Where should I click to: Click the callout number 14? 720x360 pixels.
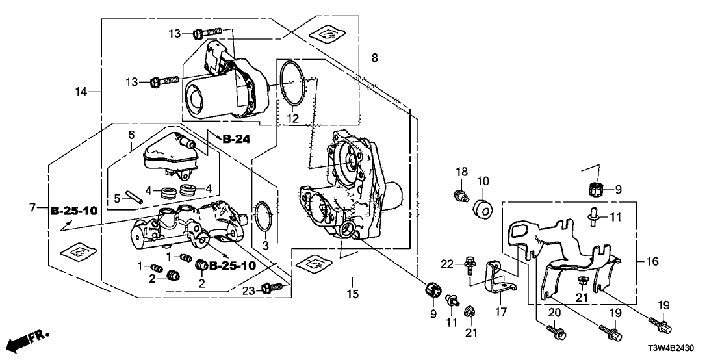81,92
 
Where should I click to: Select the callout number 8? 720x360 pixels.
374,58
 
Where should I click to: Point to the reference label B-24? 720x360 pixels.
237,138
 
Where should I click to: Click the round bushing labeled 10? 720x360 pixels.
483,209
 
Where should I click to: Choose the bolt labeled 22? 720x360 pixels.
467,263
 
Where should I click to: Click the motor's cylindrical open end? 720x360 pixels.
195,102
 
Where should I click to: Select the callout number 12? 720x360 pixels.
293,119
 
